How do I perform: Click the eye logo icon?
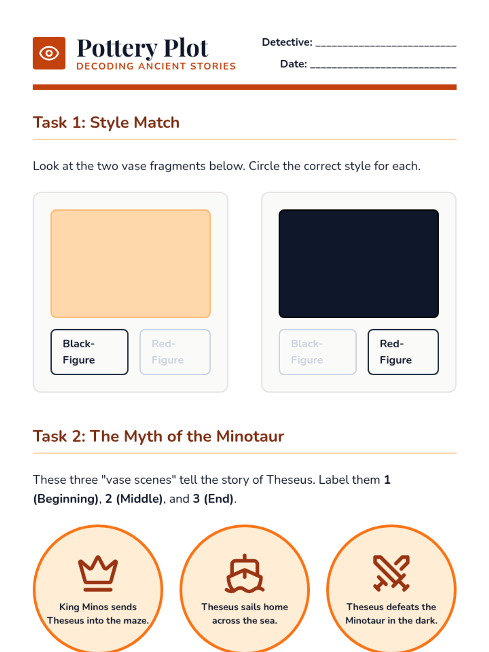tap(49, 53)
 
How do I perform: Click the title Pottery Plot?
tap(143, 48)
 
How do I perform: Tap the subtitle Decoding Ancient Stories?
tap(156, 66)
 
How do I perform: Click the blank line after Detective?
tap(385, 46)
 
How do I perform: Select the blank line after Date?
tap(383, 67)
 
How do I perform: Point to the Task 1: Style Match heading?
tap(106, 122)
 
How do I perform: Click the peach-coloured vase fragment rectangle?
tap(131, 264)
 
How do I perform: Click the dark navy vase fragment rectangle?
tap(359, 264)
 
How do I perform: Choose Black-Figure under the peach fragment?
tap(89, 352)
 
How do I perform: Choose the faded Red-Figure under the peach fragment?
tap(175, 352)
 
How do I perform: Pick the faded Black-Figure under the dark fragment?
tap(318, 352)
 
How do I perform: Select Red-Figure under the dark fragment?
tap(403, 352)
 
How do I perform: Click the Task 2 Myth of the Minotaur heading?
tap(158, 436)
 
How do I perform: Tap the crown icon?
tap(98, 573)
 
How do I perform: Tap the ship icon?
tap(244, 574)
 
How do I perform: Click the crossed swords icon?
tap(391, 573)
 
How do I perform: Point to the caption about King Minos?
tap(98, 614)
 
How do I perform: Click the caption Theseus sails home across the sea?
tap(244, 614)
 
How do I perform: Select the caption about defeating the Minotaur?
tap(391, 614)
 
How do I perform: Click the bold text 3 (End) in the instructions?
tap(213, 499)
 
